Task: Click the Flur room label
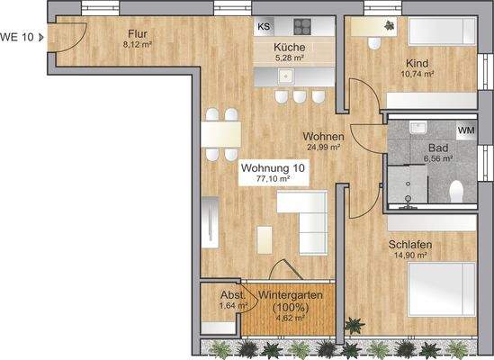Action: [x=137, y=33]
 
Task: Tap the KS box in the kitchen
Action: [x=264, y=26]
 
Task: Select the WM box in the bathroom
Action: [x=465, y=131]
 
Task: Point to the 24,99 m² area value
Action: [x=322, y=147]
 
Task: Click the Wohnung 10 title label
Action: [x=274, y=167]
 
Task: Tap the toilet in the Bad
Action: [x=457, y=191]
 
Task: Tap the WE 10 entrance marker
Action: [x=22, y=37]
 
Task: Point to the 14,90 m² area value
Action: [x=409, y=256]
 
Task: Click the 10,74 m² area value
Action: [x=418, y=76]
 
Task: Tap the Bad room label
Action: [x=438, y=148]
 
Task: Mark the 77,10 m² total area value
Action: [x=274, y=179]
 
